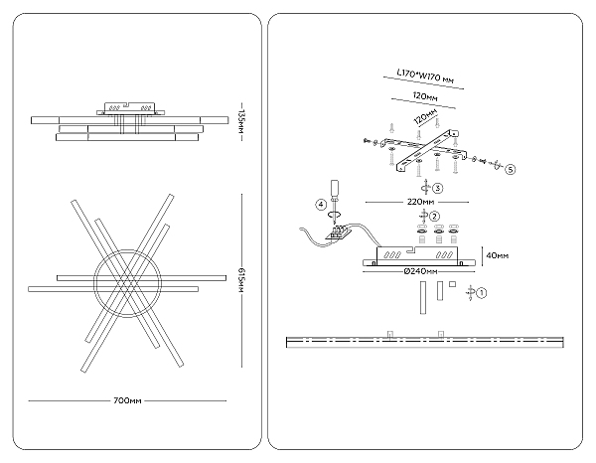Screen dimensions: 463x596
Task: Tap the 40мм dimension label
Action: (499, 253)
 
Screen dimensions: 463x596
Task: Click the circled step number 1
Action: (482, 293)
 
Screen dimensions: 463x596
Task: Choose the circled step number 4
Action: (321, 205)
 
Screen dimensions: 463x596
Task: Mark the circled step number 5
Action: (510, 169)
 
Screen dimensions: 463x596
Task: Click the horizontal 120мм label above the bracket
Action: (418, 97)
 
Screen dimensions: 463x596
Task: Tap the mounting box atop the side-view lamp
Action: (127, 106)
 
